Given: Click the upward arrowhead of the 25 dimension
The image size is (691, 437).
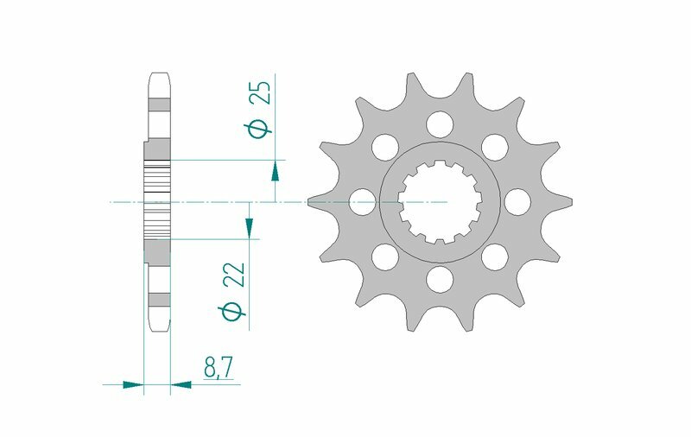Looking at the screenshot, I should [x=275, y=170].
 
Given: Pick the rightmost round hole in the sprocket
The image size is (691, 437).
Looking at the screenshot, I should [x=517, y=202].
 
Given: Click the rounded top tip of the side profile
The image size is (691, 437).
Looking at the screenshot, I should [x=159, y=76].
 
